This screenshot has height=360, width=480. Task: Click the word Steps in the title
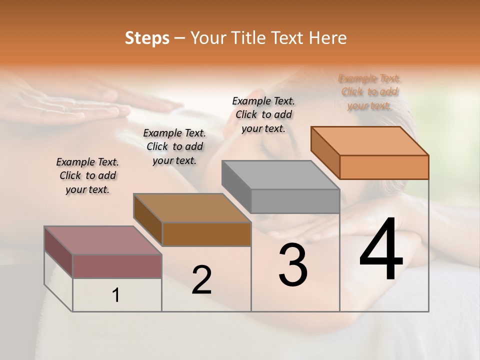click(x=147, y=38)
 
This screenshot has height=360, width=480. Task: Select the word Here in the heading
click(x=327, y=38)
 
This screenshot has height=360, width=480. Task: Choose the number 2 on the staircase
click(x=201, y=280)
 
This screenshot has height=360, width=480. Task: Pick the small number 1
click(x=116, y=295)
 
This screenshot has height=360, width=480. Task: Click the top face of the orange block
click(x=369, y=140)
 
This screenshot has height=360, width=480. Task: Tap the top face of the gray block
click(x=280, y=175)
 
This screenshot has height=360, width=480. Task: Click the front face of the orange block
click(x=384, y=167)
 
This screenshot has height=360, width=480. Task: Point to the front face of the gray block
click(x=295, y=201)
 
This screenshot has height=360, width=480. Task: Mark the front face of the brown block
click(x=206, y=234)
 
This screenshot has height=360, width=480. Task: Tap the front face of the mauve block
click(x=117, y=266)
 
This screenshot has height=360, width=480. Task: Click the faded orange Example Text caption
click(x=369, y=92)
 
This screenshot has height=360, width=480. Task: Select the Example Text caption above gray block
click(x=263, y=114)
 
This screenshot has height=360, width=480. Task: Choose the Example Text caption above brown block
click(x=174, y=146)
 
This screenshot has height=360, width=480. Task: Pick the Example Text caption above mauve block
click(x=87, y=175)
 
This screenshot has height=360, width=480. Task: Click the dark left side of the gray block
click(x=236, y=186)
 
